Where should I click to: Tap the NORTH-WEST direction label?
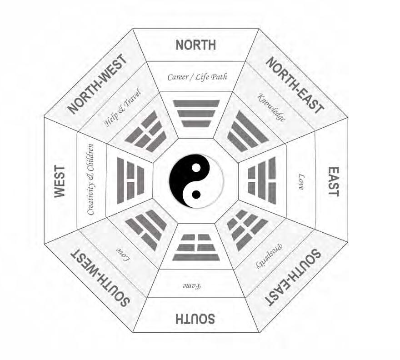point(97,84)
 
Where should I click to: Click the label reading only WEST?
point(60,181)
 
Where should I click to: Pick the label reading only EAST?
point(333,181)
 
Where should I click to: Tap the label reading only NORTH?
point(196,45)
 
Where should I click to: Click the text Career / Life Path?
point(197,77)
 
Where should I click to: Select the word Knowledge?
point(271,107)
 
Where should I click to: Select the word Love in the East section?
point(301,181)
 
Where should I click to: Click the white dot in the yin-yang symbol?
point(196,168)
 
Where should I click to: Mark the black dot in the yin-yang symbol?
point(196,194)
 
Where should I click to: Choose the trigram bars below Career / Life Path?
point(196,113)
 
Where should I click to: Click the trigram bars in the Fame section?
point(196,247)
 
